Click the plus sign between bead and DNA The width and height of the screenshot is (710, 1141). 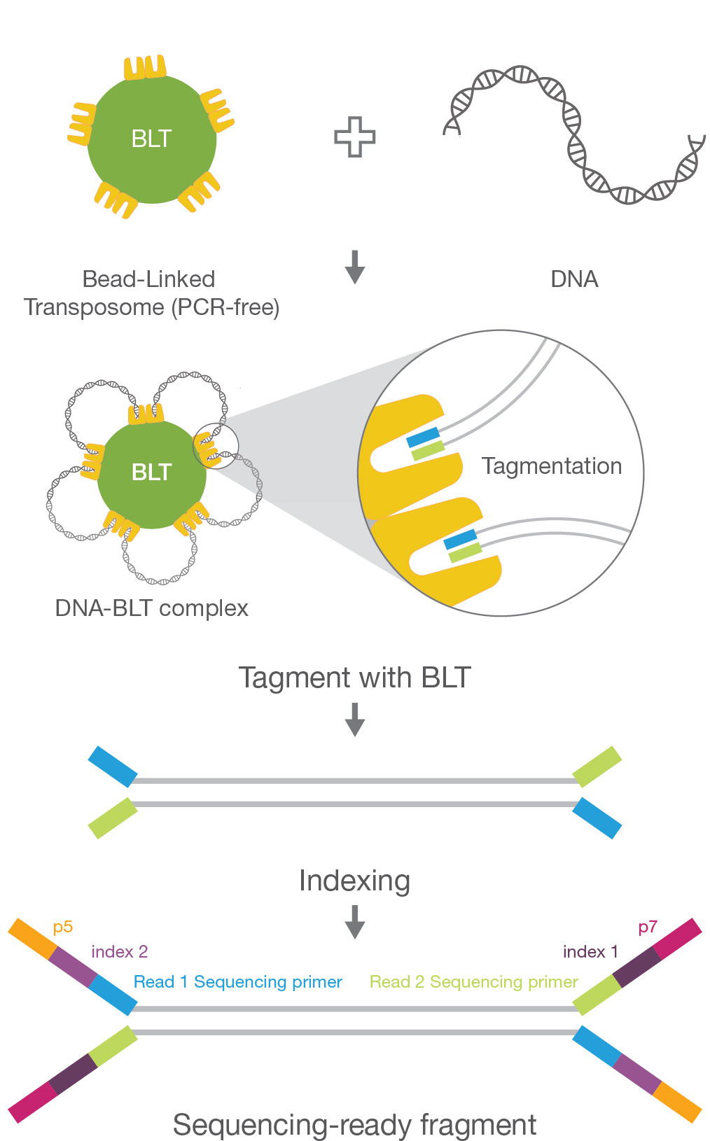(354, 136)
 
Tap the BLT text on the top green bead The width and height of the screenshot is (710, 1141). (151, 139)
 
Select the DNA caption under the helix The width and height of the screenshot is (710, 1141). (574, 279)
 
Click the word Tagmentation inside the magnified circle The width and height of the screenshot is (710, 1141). (551, 466)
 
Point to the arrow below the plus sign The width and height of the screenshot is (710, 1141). (355, 267)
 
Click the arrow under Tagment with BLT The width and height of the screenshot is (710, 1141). (355, 719)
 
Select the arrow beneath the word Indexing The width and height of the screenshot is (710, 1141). (355, 921)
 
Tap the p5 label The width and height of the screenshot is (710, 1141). (63, 927)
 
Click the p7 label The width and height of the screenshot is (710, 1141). (648, 927)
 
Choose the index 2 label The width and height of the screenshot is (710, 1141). (119, 952)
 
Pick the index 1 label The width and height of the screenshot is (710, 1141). (590, 952)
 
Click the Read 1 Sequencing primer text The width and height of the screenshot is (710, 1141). (238, 982)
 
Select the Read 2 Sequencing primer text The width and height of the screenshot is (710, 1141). (473, 982)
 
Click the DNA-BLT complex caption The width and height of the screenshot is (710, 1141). (151, 608)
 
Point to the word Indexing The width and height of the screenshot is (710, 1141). (354, 881)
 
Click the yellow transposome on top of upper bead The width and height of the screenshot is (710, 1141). (145, 68)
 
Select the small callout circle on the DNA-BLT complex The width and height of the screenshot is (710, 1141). (216, 446)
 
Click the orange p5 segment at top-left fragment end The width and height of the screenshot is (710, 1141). (32, 939)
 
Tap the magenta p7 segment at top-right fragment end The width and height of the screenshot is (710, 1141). (677, 939)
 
